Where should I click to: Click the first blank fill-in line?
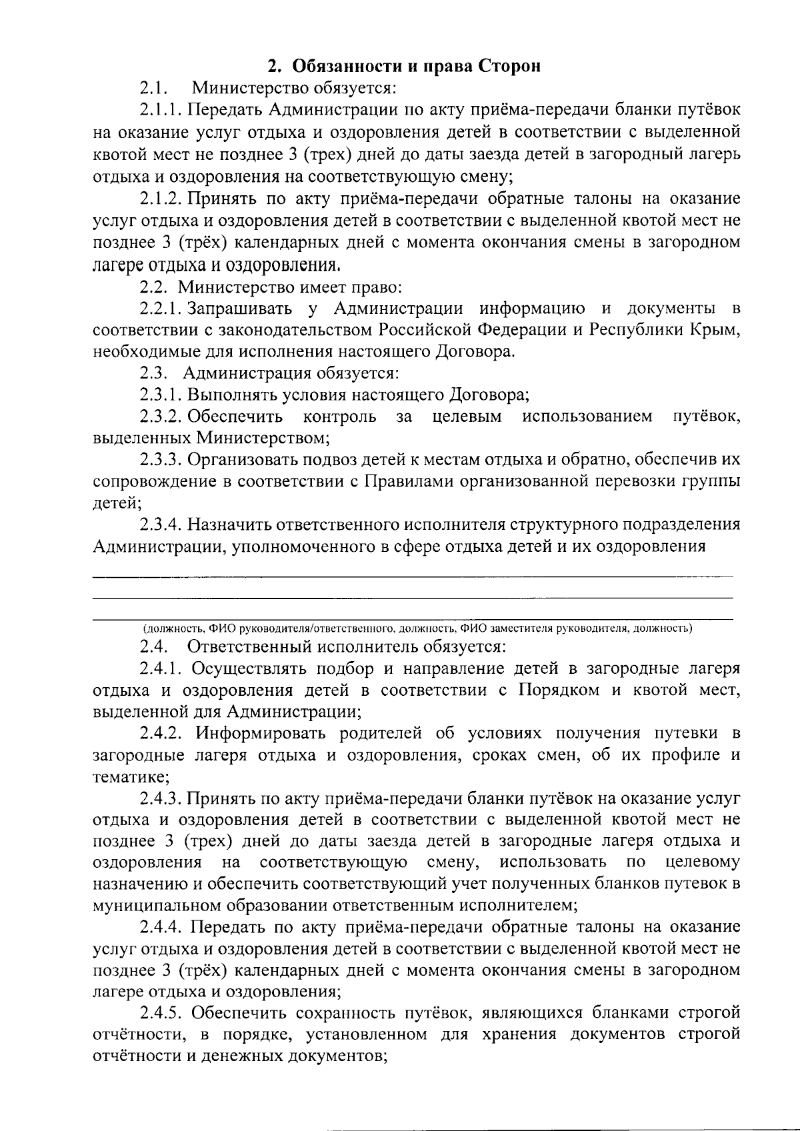coord(412,574)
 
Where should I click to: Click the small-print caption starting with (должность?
coord(417,628)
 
